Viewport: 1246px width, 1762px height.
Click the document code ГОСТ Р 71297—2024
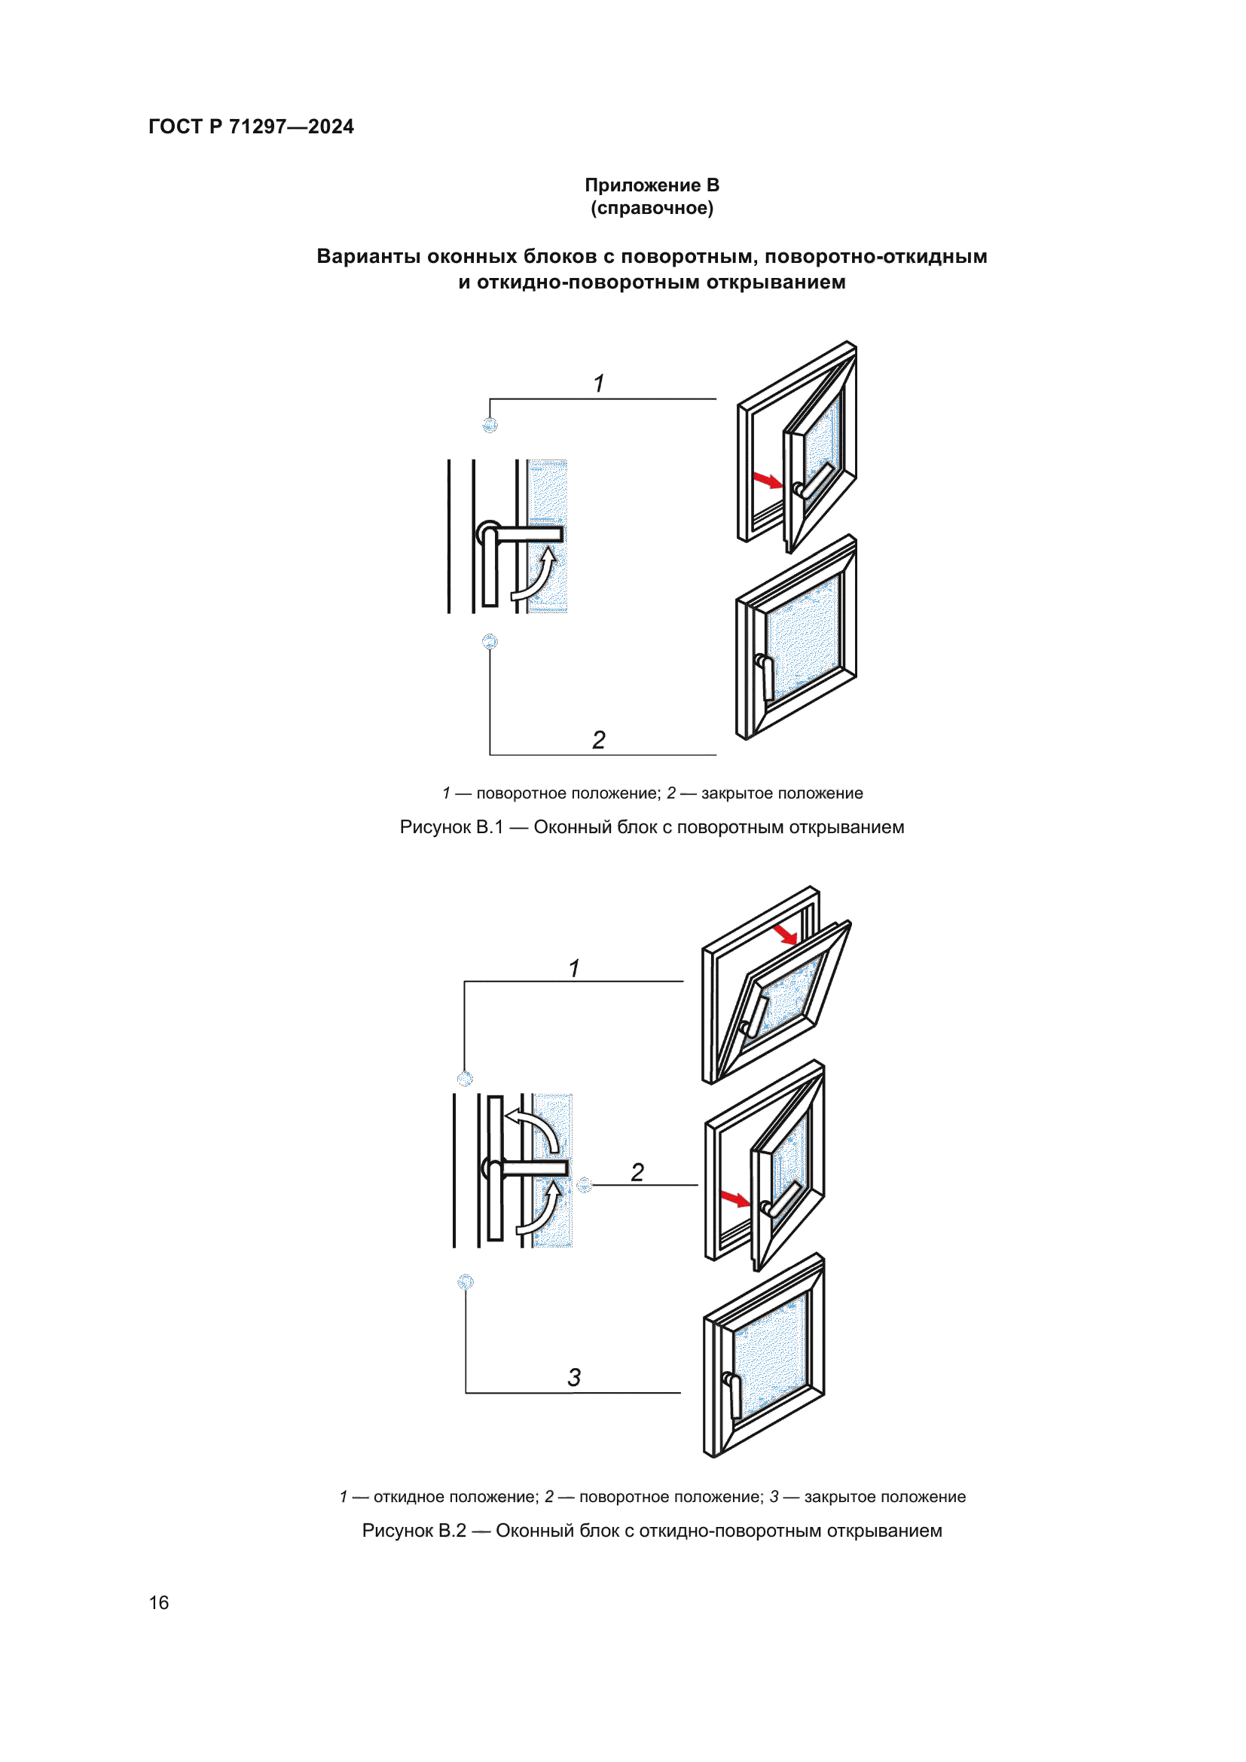tap(251, 127)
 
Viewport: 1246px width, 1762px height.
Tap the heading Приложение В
tap(652, 185)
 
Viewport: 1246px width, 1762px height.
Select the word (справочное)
tap(652, 208)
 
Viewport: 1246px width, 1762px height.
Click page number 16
tap(159, 1602)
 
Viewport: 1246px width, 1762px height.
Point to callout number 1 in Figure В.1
tap(599, 383)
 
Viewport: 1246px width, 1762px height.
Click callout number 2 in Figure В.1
tap(599, 739)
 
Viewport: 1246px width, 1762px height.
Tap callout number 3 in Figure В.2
tap(574, 1378)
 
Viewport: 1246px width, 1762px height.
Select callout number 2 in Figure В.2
tap(637, 1172)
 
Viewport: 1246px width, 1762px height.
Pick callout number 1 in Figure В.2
tap(574, 969)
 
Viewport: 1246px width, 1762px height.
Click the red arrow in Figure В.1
tap(766, 481)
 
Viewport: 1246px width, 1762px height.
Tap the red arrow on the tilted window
tap(786, 935)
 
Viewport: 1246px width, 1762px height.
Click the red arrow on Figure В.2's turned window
tap(735, 1199)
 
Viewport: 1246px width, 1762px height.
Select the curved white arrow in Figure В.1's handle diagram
tap(536, 575)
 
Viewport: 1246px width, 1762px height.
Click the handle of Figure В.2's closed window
tap(733, 1395)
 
